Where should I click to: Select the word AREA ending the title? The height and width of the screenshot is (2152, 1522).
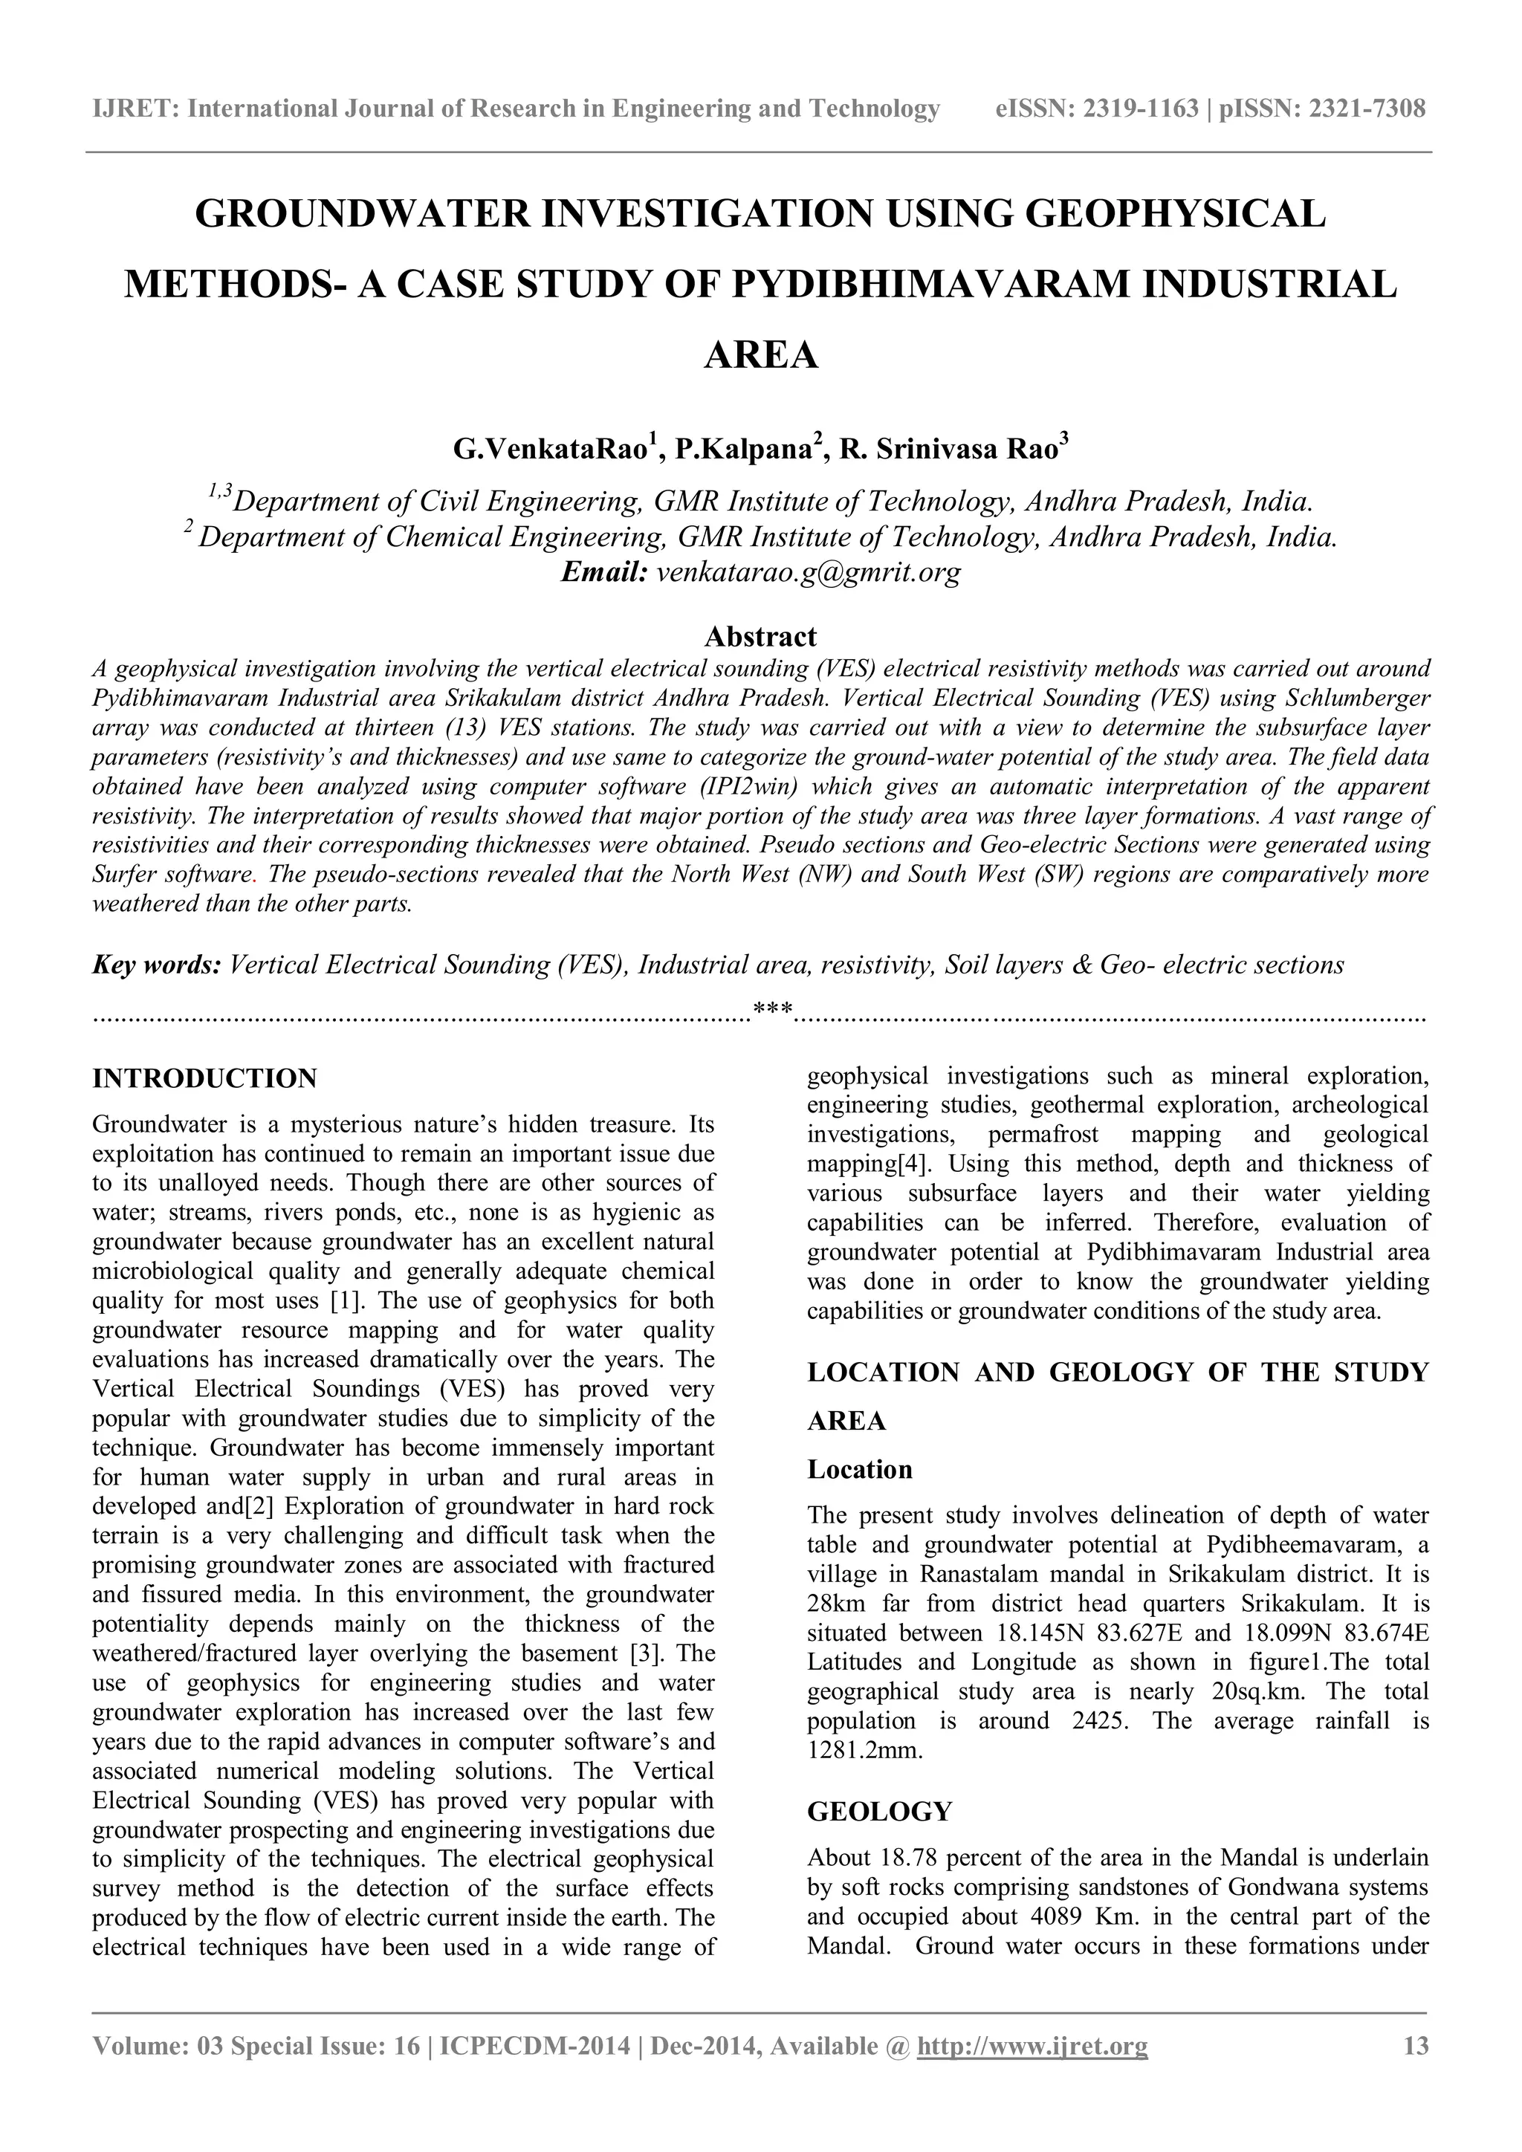[x=760, y=355]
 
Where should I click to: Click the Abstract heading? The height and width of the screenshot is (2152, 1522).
[x=760, y=638]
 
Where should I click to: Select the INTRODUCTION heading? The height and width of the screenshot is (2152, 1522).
[x=204, y=1078]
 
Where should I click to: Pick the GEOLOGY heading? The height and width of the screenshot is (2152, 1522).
[x=879, y=1812]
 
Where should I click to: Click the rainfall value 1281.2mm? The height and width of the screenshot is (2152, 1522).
[x=864, y=1750]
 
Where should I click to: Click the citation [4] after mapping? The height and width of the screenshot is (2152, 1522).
[x=913, y=1165]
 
